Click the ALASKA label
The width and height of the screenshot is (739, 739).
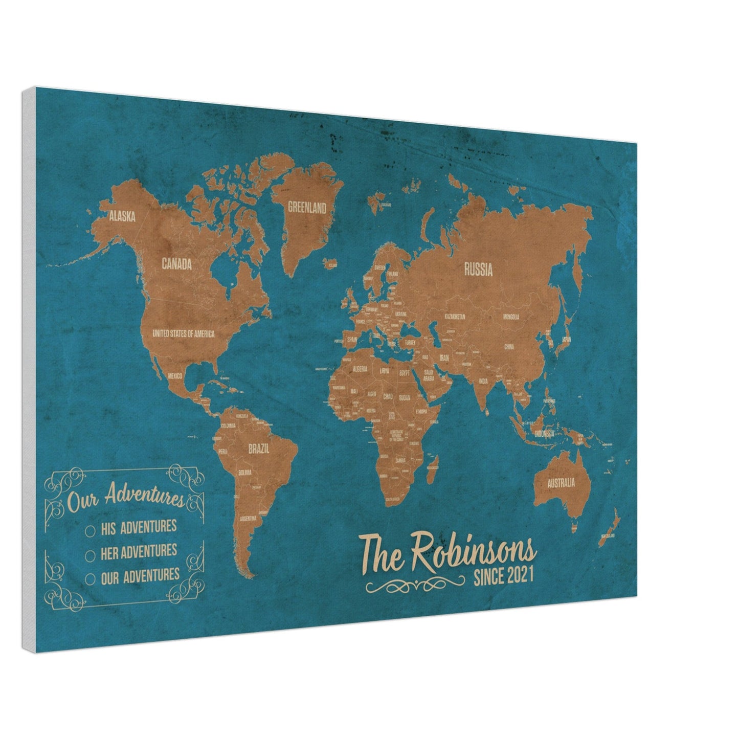pyautogui.click(x=122, y=217)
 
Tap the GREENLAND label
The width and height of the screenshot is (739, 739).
pyautogui.click(x=307, y=208)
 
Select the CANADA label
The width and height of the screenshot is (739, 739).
pyautogui.click(x=176, y=264)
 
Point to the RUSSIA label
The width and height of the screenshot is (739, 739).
pyautogui.click(x=478, y=270)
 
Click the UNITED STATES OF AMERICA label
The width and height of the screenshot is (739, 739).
pyautogui.click(x=183, y=333)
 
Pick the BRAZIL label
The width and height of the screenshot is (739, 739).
pyautogui.click(x=259, y=450)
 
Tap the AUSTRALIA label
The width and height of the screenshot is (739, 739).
pyautogui.click(x=561, y=482)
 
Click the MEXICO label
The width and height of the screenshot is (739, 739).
pyautogui.click(x=175, y=376)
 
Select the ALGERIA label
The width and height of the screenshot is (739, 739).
pyautogui.click(x=360, y=369)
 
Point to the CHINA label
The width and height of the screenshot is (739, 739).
pyautogui.click(x=509, y=347)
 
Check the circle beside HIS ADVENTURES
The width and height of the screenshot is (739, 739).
pyautogui.click(x=91, y=531)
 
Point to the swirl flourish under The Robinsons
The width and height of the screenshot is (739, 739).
pyautogui.click(x=416, y=585)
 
